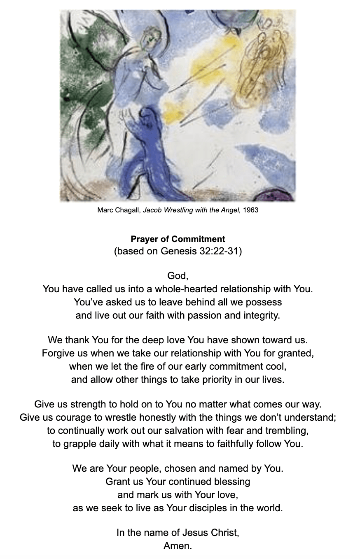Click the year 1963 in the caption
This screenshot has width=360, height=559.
[x=250, y=210]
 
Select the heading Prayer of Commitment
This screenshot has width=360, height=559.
[x=178, y=239]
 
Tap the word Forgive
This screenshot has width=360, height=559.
[x=57, y=353]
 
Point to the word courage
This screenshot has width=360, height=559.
[x=68, y=418]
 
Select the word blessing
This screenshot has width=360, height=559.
[x=232, y=481]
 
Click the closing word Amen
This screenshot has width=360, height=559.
[x=178, y=546]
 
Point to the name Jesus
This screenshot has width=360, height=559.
[x=197, y=533]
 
